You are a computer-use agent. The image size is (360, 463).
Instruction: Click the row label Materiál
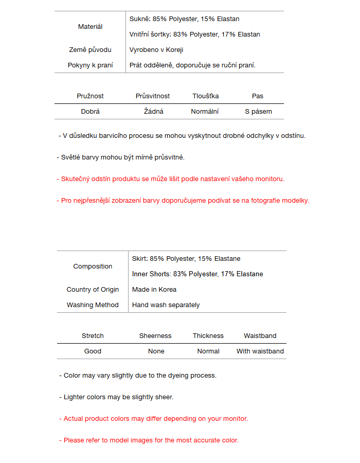(90, 27)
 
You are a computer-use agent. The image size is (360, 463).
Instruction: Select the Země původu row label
(90, 50)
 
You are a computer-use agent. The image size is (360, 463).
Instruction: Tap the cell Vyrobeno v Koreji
(156, 50)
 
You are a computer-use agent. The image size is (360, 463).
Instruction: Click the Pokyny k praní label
(90, 65)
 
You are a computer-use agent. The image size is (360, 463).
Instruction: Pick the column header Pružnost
(90, 96)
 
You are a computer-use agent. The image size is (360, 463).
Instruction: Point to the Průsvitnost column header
(153, 96)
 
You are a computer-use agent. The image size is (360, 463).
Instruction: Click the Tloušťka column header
(206, 96)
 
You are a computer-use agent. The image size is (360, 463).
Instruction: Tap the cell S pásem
(258, 112)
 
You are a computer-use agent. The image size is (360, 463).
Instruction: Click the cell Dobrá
(90, 112)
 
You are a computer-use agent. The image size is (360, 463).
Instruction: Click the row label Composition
(93, 266)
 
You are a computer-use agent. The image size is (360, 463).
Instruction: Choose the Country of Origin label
(93, 290)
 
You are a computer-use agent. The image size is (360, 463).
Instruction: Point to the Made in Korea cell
(154, 290)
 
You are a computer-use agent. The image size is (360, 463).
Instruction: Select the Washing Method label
(93, 305)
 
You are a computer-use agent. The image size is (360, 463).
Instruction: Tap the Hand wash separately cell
(166, 305)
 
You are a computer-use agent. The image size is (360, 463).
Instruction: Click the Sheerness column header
(155, 336)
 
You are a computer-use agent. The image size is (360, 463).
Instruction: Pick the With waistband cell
(260, 351)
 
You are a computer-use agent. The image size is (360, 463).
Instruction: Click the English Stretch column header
(93, 336)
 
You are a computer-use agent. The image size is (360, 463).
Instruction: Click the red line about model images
(149, 440)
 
